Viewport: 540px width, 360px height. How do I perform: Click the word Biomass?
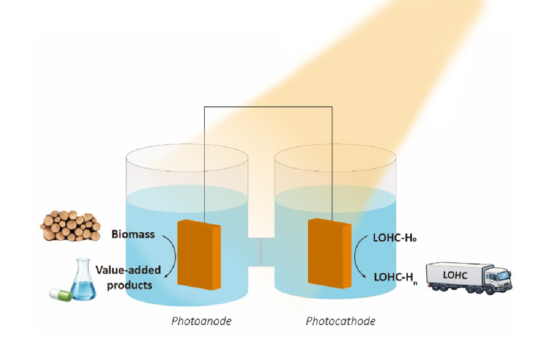(133, 234)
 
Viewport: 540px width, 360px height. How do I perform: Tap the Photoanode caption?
(201, 321)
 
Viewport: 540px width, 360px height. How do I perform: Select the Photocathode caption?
(341, 321)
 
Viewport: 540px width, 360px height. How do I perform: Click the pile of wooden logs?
(70, 226)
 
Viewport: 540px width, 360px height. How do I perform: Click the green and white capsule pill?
(60, 295)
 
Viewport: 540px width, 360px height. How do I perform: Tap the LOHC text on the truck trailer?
(455, 275)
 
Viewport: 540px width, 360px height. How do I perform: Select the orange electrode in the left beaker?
(199, 255)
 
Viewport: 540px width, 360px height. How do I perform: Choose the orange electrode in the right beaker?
(329, 253)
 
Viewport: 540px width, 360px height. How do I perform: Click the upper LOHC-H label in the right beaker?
(395, 238)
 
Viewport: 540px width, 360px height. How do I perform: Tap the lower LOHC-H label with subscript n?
(396, 278)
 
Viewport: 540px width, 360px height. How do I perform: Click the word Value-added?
(128, 270)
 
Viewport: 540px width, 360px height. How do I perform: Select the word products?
(130, 285)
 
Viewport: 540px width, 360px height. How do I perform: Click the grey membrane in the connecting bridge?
(261, 252)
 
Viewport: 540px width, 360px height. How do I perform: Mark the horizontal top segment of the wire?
(268, 107)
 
